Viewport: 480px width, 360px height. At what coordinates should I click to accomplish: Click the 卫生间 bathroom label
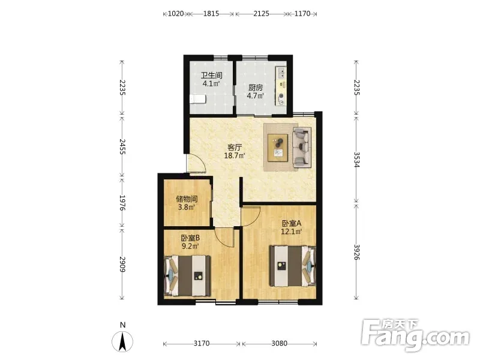click(x=211, y=76)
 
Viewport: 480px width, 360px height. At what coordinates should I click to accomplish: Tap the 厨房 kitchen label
click(x=256, y=88)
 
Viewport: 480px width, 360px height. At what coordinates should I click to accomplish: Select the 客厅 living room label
click(x=235, y=148)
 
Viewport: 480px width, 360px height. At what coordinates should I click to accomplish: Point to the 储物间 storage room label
click(x=187, y=199)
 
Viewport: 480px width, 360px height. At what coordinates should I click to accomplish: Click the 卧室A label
click(x=292, y=223)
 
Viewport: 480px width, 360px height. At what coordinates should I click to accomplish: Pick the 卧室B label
click(x=190, y=238)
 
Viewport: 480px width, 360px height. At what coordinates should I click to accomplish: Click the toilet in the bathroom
click(x=198, y=100)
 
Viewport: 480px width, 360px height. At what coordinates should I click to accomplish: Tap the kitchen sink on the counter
click(x=281, y=73)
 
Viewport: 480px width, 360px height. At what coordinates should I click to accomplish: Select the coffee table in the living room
click(x=278, y=148)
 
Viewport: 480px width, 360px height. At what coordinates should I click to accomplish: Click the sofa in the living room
click(x=302, y=148)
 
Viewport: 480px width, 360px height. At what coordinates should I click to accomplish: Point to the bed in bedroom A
click(x=293, y=266)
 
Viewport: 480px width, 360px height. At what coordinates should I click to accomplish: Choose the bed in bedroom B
click(x=187, y=276)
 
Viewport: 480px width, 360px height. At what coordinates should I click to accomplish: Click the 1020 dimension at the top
click(x=176, y=13)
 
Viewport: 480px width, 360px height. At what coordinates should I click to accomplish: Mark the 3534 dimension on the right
click(x=356, y=160)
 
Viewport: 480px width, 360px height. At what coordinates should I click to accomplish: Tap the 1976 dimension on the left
click(x=122, y=203)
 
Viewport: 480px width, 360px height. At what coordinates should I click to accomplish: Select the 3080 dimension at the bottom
click(x=279, y=343)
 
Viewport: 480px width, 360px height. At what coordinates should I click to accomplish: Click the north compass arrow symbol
click(x=122, y=341)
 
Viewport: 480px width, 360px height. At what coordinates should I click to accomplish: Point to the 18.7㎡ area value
click(x=235, y=155)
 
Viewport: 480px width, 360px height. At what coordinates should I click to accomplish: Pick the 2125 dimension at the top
click(x=261, y=13)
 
